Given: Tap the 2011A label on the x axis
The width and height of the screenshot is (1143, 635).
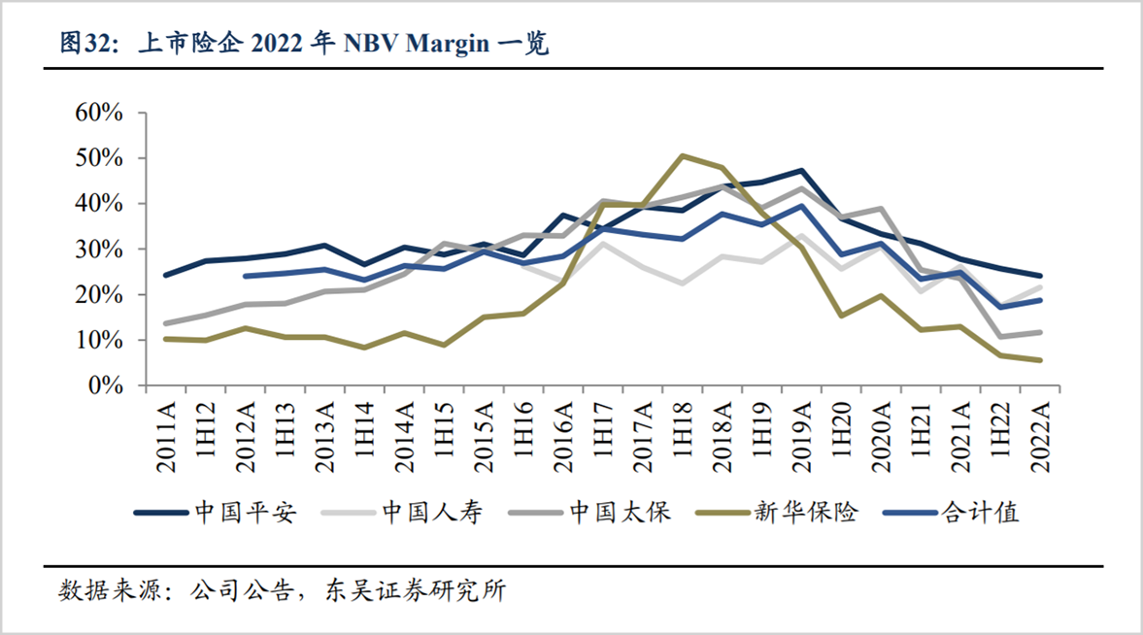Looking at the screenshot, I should (167, 434).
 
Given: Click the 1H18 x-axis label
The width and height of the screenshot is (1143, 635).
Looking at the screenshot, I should (684, 434).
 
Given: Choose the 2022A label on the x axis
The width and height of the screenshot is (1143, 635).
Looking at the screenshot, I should (1040, 434).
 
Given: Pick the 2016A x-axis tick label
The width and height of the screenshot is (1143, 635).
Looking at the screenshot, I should (564, 434).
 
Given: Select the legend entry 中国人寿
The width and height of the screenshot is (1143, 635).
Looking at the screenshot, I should (431, 513).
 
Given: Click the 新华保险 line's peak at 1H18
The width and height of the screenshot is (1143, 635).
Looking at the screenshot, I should (684, 155).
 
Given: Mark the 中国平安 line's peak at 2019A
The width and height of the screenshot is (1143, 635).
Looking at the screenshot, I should (802, 170).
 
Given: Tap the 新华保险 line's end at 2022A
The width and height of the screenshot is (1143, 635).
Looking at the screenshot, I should (1040, 360).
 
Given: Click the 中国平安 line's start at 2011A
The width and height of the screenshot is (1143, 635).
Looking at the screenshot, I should (167, 276).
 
